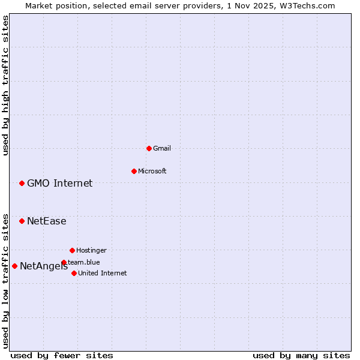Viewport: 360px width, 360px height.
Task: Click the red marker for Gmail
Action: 149,148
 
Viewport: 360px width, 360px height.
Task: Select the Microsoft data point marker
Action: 134,171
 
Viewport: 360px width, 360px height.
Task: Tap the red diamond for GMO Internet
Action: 22,183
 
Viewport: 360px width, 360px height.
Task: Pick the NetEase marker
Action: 22,221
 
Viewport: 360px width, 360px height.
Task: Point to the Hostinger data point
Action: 72,250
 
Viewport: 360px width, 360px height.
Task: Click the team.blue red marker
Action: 64,262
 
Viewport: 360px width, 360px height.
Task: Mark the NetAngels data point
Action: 14,266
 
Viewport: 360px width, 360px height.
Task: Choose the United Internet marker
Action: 74,273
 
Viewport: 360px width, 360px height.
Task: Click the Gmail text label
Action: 162,148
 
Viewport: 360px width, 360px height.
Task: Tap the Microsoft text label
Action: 152,171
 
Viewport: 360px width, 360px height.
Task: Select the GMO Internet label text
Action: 59,183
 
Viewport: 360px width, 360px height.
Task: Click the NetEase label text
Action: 46,221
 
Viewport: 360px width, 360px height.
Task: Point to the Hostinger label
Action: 91,250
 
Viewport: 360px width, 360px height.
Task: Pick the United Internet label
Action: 103,273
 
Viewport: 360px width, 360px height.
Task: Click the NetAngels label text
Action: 43,266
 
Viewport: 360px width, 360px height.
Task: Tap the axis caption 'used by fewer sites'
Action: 62,355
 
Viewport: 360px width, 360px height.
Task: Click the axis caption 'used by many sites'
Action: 301,355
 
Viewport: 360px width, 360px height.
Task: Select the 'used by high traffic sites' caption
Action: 6,85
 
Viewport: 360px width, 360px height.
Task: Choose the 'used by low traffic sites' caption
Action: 6,280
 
